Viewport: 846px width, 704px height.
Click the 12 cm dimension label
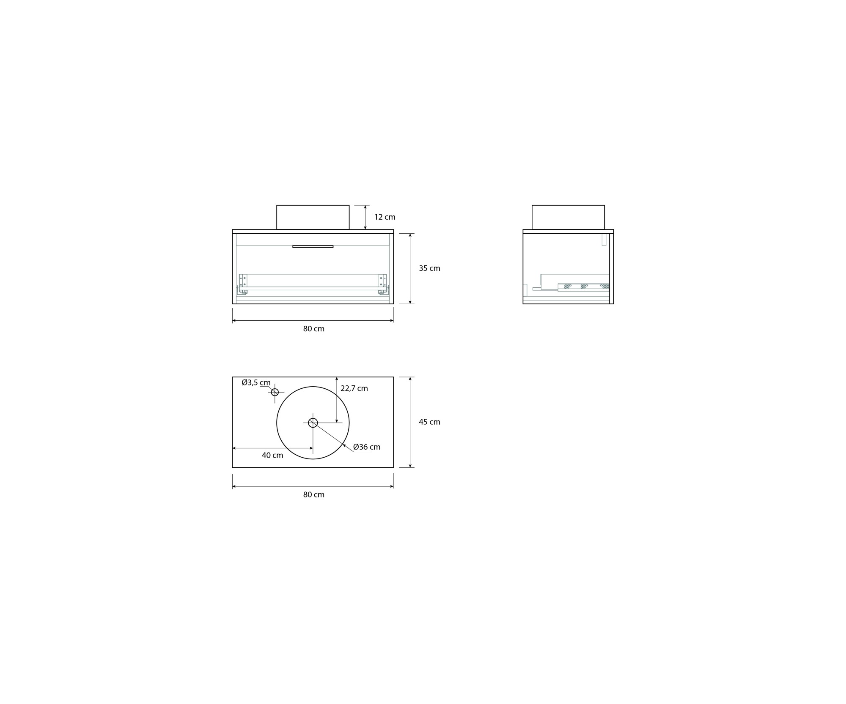point(385,217)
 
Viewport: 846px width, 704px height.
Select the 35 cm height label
point(429,268)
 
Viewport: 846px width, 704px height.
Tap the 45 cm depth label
point(429,422)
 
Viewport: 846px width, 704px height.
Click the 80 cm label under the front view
point(313,329)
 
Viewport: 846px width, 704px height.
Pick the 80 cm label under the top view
point(313,495)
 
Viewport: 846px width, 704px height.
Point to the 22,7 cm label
point(354,389)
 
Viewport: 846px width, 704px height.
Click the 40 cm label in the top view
point(272,456)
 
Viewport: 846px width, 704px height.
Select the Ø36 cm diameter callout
point(367,447)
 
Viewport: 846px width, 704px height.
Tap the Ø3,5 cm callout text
point(256,383)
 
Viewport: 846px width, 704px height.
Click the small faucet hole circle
point(275,392)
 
